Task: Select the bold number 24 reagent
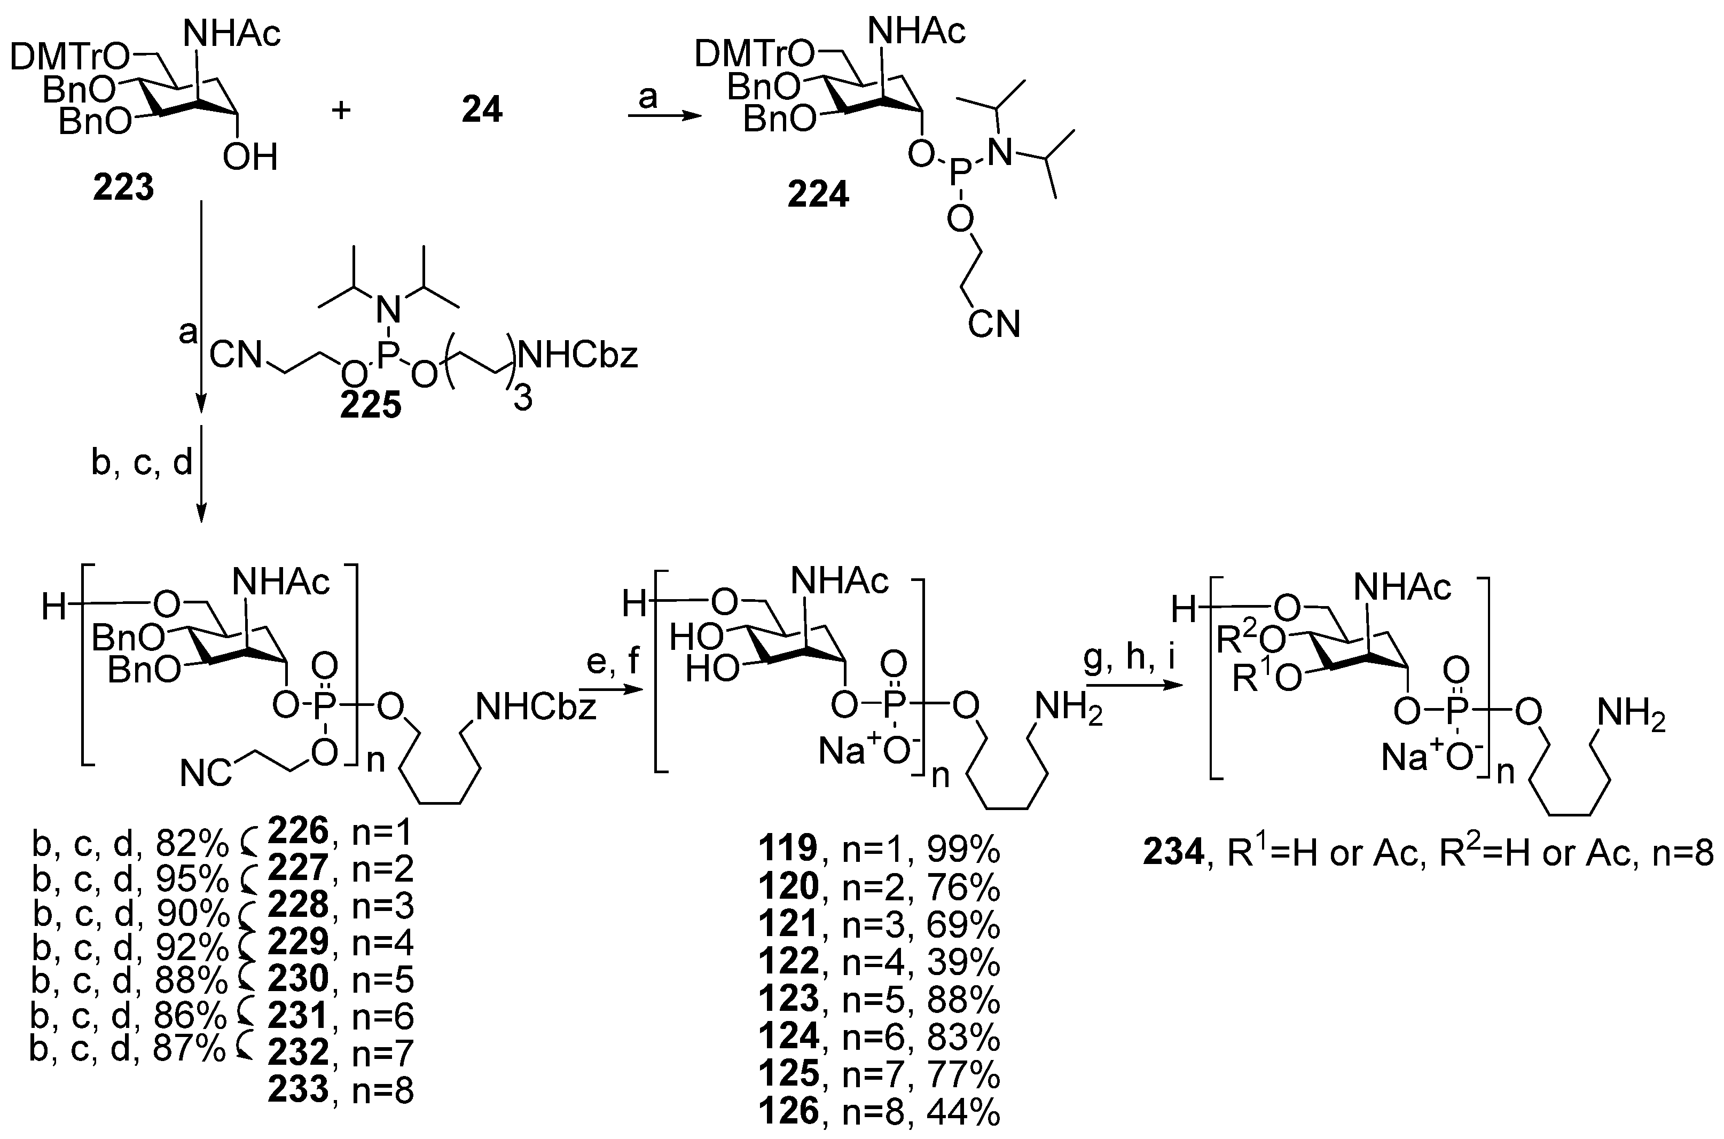482,111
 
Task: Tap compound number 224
818,195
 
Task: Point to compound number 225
371,405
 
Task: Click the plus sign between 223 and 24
341,111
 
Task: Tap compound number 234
1174,852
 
